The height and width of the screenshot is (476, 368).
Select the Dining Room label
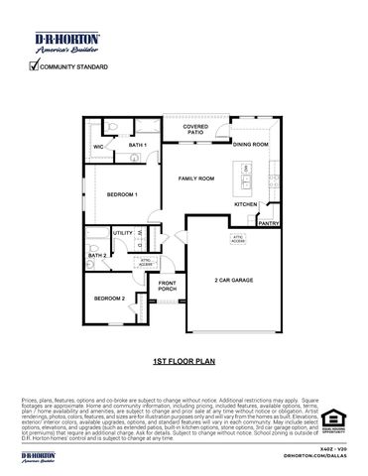(250, 145)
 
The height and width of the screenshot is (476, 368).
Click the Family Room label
(196, 178)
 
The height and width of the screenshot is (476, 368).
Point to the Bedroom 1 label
(123, 194)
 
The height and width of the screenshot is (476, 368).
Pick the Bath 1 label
(138, 146)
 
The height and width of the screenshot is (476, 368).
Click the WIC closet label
(99, 147)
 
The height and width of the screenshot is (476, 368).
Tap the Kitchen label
(246, 204)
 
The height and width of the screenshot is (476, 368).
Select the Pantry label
(268, 224)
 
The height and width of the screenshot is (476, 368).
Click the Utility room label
(123, 233)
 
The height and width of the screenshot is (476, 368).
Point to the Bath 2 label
(96, 255)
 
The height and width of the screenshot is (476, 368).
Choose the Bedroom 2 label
(109, 298)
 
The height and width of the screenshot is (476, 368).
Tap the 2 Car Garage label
(234, 281)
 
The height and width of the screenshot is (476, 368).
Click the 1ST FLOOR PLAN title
(184, 364)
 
